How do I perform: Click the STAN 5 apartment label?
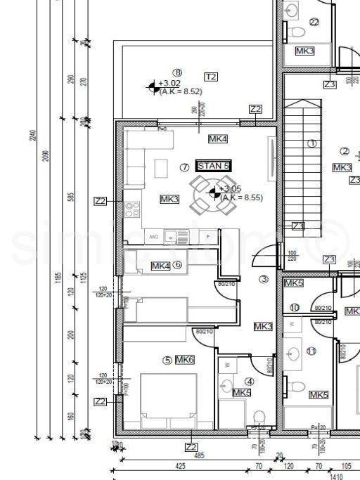(x=214, y=166)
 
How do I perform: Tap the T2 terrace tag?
(x=210, y=76)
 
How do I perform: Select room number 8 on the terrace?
(x=178, y=72)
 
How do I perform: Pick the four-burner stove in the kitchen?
(x=131, y=208)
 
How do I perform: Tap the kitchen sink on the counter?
(x=170, y=238)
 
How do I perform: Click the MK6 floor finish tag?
(x=185, y=360)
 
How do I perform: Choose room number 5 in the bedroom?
(x=167, y=361)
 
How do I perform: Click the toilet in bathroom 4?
(x=259, y=415)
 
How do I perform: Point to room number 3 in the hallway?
(x=264, y=279)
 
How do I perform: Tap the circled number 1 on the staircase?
(x=311, y=143)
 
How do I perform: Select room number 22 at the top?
(x=314, y=22)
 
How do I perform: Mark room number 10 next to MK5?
(x=295, y=308)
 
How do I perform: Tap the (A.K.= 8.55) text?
(x=241, y=198)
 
